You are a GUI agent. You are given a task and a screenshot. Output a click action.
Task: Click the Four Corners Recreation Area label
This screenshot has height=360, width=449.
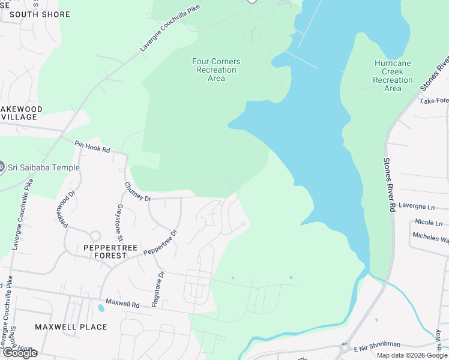coord(216,70)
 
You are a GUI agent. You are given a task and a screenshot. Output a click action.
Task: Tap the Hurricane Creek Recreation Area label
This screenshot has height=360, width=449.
coord(393,76)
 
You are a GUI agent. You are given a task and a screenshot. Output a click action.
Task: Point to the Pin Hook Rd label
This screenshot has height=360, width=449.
coord(92,147)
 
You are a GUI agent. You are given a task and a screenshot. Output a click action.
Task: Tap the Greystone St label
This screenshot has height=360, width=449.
coord(119,218)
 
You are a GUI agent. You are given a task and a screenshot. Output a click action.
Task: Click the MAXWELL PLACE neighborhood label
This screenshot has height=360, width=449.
coord(71,327)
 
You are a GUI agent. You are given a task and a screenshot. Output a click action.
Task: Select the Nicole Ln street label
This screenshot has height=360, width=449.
coord(428,222)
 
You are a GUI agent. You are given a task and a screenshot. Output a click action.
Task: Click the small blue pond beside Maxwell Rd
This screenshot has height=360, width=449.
coord(100,308)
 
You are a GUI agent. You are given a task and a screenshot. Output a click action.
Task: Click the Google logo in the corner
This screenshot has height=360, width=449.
coord(19,353)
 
